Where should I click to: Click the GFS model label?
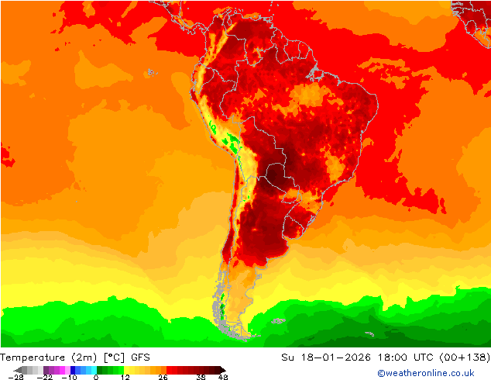click(140, 358)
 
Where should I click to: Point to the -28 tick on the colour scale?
click(15, 377)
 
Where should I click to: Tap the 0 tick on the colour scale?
click(96, 377)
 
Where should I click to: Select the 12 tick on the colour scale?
click(125, 377)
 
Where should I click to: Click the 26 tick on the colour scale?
click(163, 377)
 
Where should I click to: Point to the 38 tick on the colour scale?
click(201, 377)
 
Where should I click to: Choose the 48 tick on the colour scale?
click(223, 377)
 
